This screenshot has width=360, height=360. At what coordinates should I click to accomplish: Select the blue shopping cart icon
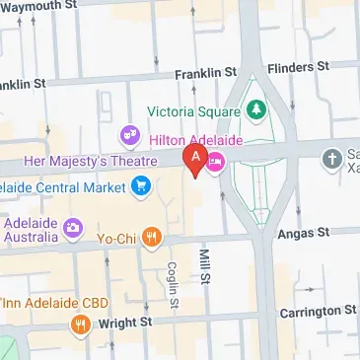(x=142, y=184)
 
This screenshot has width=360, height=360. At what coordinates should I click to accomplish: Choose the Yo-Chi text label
(x=116, y=236)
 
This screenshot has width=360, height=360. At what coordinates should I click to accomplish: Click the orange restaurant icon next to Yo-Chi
(x=151, y=236)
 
